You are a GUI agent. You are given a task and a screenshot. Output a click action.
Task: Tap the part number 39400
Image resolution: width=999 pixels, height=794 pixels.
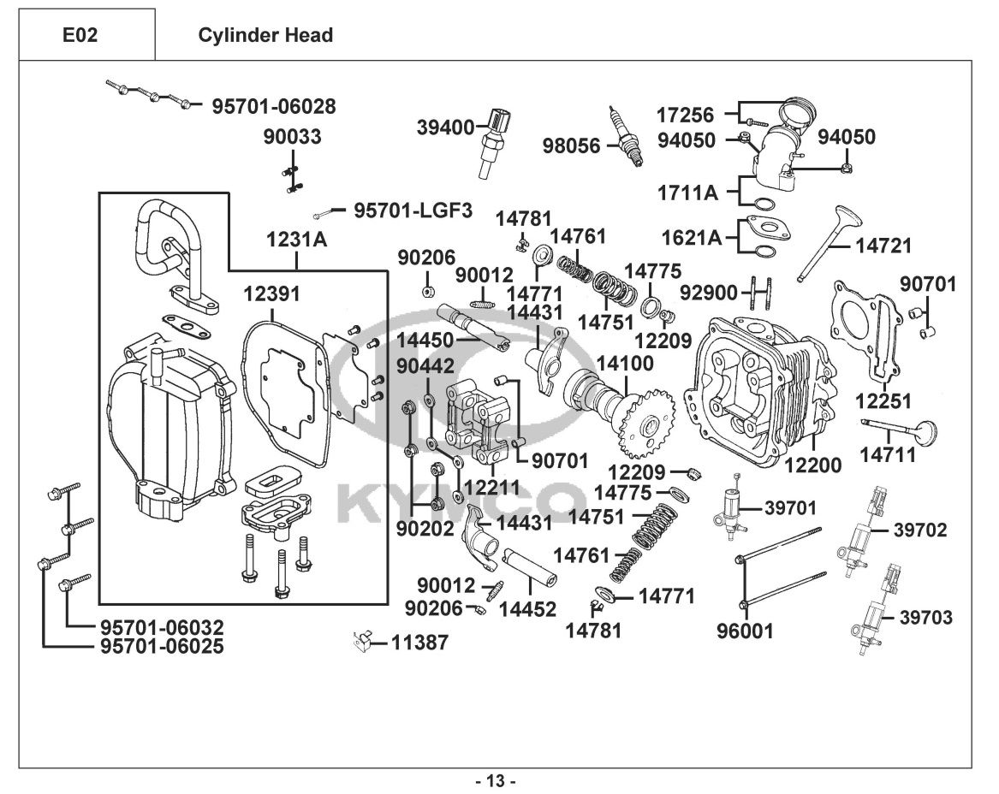[445, 127]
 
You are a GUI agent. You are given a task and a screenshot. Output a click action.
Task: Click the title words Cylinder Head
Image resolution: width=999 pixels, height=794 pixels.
[265, 35]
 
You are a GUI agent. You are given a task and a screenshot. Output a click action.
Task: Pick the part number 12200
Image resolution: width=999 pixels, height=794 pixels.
[812, 465]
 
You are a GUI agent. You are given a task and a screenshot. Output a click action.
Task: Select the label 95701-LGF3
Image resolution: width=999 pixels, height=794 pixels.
[413, 210]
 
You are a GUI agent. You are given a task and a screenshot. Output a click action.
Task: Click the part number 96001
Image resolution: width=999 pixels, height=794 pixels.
[745, 631]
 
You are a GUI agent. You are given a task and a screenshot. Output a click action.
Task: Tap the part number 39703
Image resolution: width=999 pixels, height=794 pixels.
[923, 618]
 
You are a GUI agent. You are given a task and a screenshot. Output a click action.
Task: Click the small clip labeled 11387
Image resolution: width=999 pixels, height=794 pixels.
[362, 640]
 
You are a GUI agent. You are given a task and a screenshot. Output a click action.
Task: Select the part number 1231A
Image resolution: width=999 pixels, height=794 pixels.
[297, 240]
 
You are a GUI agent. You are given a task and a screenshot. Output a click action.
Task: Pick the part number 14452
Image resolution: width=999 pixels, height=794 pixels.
[528, 609]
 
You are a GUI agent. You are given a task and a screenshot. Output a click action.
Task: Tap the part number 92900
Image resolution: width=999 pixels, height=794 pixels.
[708, 293]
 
